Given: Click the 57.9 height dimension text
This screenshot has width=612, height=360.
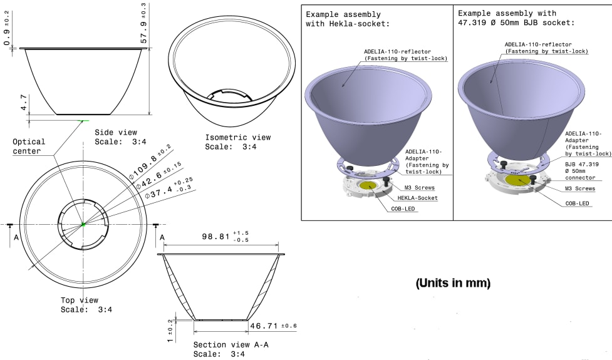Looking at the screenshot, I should coord(143,24).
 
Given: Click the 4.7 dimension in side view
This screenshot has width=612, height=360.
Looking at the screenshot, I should coord(23,103).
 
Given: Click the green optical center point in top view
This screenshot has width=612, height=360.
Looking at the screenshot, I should coord(83,225).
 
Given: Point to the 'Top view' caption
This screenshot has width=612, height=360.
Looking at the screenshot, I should coord(80,305).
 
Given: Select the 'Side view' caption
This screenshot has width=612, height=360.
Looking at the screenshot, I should coord(116,137).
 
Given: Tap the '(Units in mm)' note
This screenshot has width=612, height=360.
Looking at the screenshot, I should coord(453,283).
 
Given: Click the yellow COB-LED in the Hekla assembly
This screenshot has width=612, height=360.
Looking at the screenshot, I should coord(369,186).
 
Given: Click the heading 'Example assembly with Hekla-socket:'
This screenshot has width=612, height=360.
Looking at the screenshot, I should coord(348,19).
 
